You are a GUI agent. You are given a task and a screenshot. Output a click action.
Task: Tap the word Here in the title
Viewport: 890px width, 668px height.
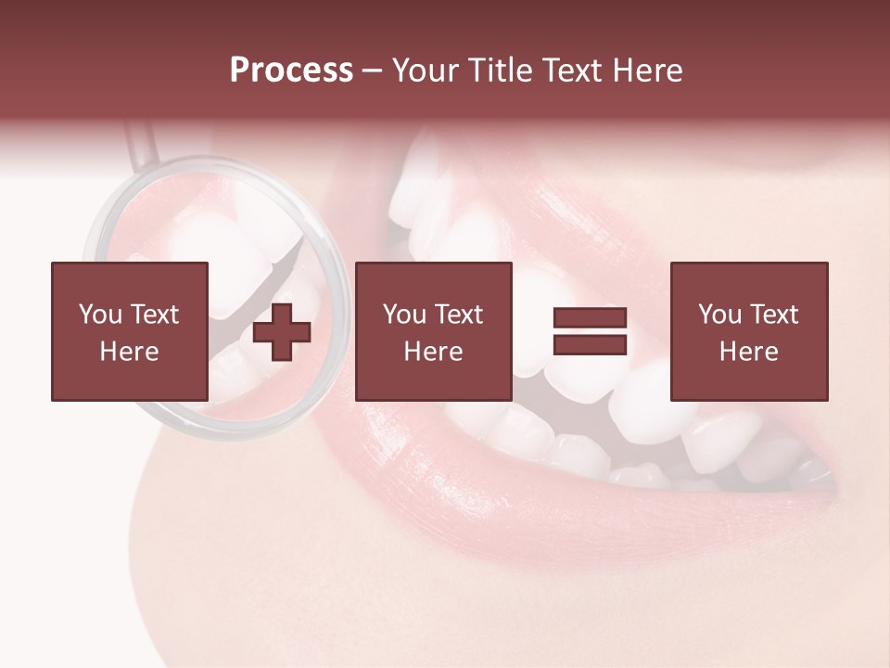[648, 71]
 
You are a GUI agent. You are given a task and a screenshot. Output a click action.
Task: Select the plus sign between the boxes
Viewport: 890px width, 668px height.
[282, 332]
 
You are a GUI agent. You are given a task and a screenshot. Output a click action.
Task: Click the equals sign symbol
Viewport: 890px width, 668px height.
[590, 332]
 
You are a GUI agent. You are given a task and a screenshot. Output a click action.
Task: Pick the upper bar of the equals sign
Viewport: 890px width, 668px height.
[590, 319]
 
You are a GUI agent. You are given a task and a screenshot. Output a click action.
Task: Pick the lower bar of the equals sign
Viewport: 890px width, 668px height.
[590, 345]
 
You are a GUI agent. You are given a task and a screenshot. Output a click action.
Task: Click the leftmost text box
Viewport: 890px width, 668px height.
[130, 331]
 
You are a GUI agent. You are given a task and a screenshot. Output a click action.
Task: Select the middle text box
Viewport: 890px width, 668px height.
[433, 331]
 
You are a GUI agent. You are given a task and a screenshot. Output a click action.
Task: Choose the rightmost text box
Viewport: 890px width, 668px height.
[749, 331]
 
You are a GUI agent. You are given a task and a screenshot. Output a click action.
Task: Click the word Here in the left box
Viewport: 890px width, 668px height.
[130, 352]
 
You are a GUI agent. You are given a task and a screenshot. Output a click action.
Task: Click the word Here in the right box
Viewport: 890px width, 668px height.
[749, 352]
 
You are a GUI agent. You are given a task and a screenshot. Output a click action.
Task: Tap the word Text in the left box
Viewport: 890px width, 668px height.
[154, 315]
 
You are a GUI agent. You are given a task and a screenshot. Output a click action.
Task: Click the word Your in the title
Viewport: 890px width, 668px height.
[424, 71]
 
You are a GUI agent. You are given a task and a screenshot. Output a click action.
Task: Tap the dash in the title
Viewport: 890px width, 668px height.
[372, 72]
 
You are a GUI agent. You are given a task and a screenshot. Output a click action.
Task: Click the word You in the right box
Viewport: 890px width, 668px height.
[720, 315]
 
